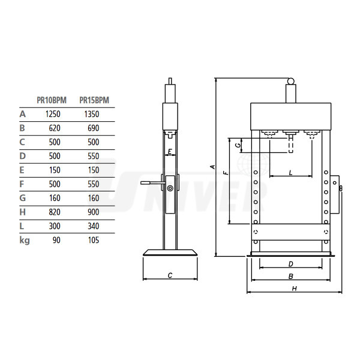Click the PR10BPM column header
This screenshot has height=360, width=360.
[52, 100]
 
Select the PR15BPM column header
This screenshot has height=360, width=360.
[94, 100]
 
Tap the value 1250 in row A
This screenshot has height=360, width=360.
[53, 114]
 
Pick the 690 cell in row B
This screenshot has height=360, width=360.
[94, 128]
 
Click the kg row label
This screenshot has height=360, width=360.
[25, 241]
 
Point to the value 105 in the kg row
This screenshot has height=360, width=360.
[94, 241]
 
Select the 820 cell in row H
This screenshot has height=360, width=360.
[55, 212]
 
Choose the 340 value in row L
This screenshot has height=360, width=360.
[94, 226]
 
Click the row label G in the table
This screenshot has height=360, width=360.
[23, 198]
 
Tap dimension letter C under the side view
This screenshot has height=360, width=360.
[170, 275]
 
